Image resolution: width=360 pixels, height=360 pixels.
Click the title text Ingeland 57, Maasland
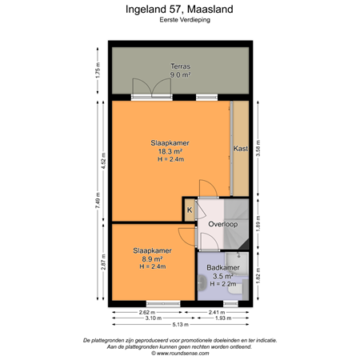click(180, 10)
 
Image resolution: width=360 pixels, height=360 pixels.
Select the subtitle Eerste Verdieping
click(180, 23)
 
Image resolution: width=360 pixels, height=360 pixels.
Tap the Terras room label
click(179, 66)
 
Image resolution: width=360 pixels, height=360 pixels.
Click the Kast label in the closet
click(239, 149)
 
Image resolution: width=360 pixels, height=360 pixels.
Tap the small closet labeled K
click(190, 210)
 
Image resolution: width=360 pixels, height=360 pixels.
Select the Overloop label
click(222, 225)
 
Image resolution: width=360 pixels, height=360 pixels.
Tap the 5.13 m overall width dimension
click(180, 324)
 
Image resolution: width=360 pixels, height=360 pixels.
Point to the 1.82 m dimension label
click(257, 274)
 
